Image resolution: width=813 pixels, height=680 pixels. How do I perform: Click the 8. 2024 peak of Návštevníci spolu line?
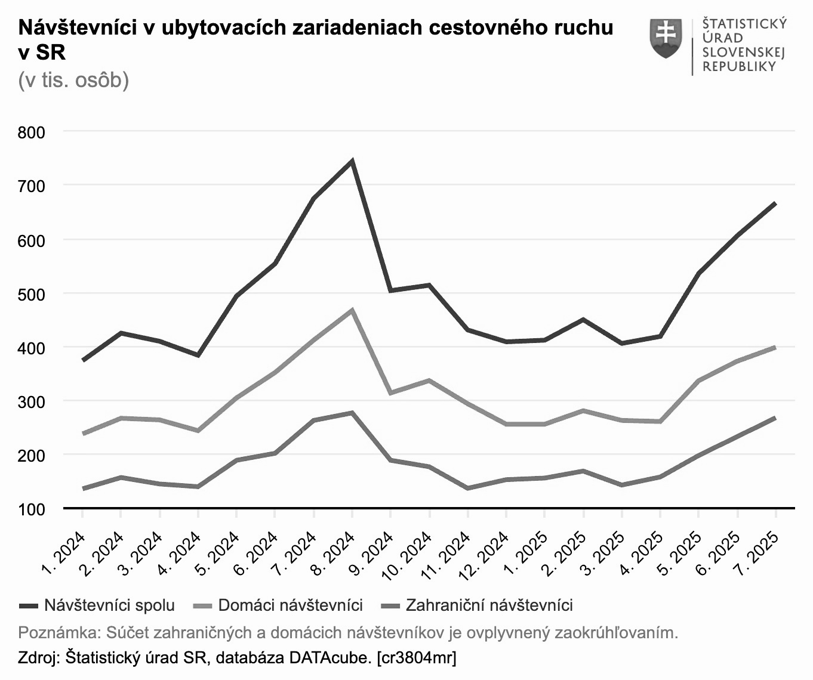coord(352,160)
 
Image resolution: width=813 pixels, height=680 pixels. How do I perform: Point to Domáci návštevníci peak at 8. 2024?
coord(352,310)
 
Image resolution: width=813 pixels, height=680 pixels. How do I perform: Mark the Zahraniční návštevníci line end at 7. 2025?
coord(775,418)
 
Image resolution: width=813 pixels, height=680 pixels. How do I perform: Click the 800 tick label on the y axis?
coord(31,132)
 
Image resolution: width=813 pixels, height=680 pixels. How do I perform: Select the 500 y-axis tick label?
coord(31,294)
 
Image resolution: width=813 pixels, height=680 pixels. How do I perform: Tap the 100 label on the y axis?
coord(31,509)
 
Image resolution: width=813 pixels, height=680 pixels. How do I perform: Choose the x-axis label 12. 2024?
coord(485,555)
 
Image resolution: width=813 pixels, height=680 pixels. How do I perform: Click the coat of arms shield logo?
coord(666,38)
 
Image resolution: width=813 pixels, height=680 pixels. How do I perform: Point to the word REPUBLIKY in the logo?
coord(739,66)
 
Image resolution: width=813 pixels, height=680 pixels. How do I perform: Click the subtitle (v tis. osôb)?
coord(73,79)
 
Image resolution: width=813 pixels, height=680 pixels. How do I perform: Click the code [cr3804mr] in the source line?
coord(416,658)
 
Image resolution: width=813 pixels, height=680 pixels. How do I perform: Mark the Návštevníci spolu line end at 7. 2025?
coord(775,203)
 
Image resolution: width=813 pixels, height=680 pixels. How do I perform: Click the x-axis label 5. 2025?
coord(680,552)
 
